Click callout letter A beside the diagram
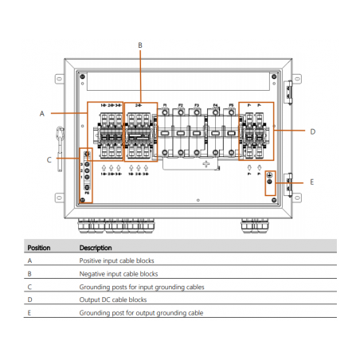41,114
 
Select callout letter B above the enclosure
140,45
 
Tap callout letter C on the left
49,159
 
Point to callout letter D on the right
312,131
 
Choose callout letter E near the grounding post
311,182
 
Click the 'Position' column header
39,248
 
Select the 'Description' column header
96,248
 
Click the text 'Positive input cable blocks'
116,260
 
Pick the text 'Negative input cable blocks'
118,273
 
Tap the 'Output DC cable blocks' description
113,299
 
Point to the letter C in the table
29,287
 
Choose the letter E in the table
29,313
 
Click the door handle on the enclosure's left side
61,140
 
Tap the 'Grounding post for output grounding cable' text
141,313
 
